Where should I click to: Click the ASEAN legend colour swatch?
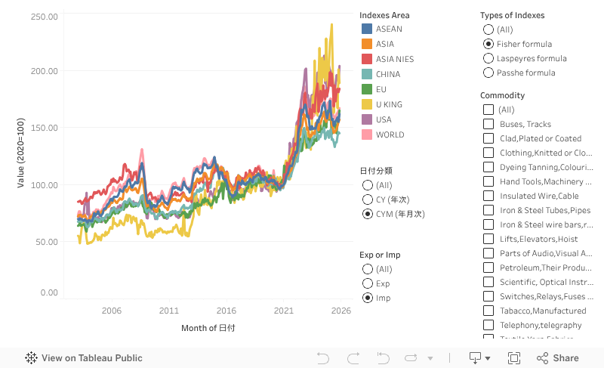(x=367, y=29)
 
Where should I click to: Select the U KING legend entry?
(x=390, y=104)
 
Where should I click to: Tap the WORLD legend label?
(x=390, y=135)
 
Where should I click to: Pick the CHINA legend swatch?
(x=367, y=74)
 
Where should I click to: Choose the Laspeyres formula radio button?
(x=488, y=58)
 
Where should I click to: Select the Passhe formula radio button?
(x=488, y=73)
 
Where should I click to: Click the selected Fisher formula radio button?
(x=488, y=44)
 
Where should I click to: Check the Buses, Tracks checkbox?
(x=488, y=124)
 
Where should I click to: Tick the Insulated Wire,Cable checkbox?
(x=488, y=196)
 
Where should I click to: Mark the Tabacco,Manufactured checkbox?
(x=488, y=311)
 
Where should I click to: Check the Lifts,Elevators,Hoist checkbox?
(x=488, y=239)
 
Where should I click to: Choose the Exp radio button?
(x=368, y=283)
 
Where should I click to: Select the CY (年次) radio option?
(x=368, y=199)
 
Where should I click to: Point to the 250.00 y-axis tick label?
(x=45, y=16)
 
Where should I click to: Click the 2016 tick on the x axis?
(x=226, y=311)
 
